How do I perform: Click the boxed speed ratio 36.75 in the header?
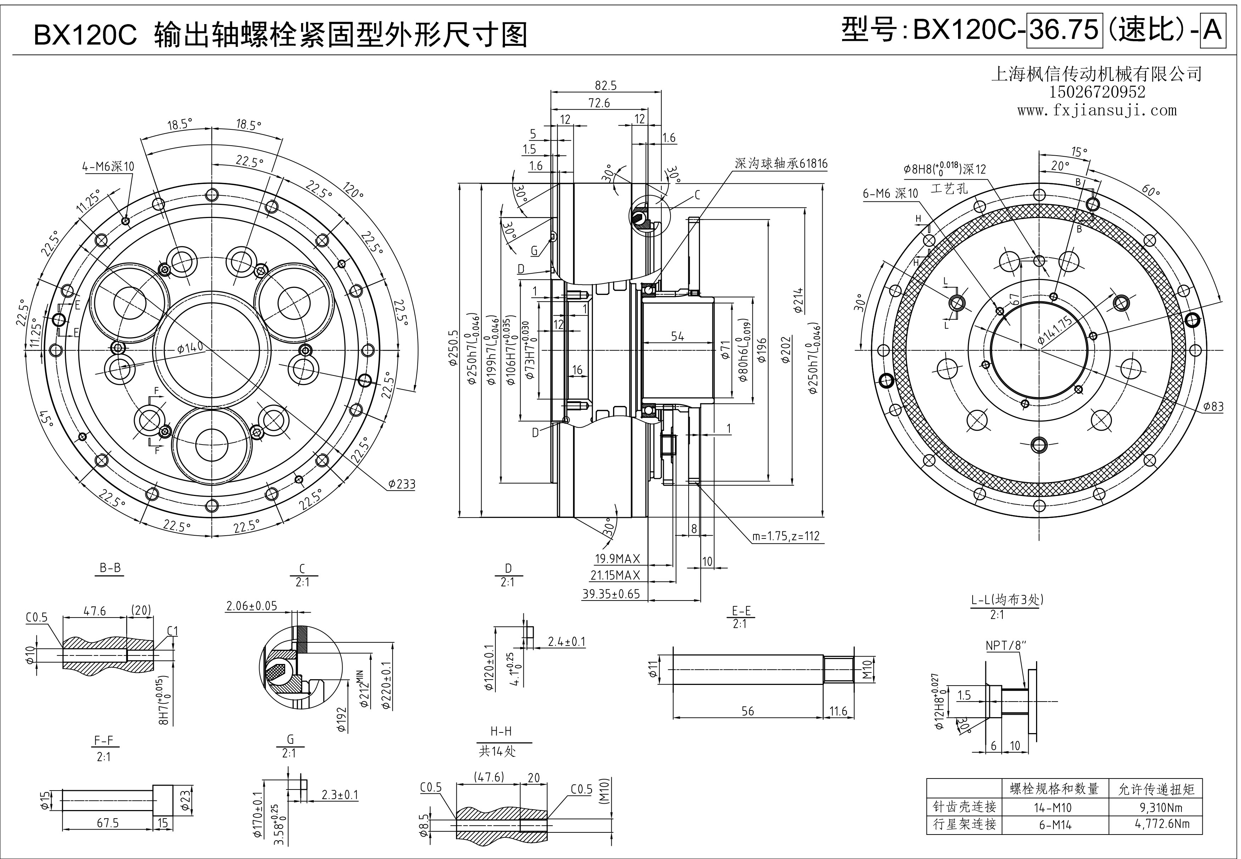pyautogui.click(x=1063, y=29)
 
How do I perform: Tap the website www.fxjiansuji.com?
pyautogui.click(x=1097, y=111)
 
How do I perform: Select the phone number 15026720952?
pyautogui.click(x=1097, y=93)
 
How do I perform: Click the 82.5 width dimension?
pyautogui.click(x=606, y=85)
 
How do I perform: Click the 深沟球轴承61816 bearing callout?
pyautogui.click(x=781, y=164)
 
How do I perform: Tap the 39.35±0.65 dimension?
pyautogui.click(x=611, y=594)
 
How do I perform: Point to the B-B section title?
pyautogui.click(x=110, y=568)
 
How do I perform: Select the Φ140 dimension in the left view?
pyautogui.click(x=190, y=347)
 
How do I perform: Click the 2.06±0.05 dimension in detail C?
pyautogui.click(x=251, y=606)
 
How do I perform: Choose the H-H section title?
pyautogui.click(x=501, y=731)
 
